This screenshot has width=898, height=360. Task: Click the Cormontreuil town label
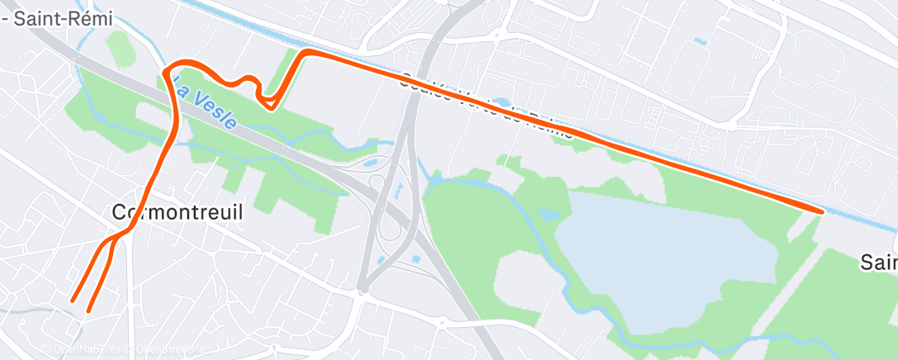pos(177,212)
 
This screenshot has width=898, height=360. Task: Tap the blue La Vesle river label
pos(210,104)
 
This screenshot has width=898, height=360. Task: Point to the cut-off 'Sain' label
pos(878,263)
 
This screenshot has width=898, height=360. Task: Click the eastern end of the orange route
pos(821,211)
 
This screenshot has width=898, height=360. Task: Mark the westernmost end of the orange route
pos(73,301)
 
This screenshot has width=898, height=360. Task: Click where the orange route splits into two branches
pos(116,237)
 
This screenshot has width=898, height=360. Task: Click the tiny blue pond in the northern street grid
pos(702,40)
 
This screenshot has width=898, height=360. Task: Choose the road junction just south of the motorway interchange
pos(361,290)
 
